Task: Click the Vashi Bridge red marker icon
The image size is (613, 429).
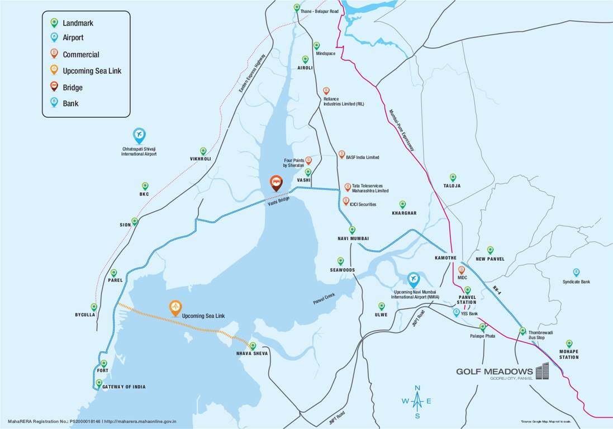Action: coord(275,183)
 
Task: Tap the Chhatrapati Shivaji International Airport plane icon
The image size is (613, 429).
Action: coord(139,135)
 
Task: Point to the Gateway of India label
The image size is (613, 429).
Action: coord(123,387)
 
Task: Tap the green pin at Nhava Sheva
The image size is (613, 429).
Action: coord(253,346)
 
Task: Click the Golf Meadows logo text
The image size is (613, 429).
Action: coord(494,371)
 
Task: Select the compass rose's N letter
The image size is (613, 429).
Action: coord(417,388)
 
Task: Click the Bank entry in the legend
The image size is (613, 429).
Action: coord(70,103)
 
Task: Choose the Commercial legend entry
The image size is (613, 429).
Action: coord(80,55)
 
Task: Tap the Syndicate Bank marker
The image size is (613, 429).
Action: coord(576,273)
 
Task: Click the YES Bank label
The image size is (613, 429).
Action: coord(469,313)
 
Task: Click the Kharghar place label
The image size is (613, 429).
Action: coord(404,213)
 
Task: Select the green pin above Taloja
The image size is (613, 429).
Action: coord(453,177)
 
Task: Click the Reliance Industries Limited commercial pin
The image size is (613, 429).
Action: coord(326,90)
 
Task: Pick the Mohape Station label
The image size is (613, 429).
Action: coord(569,354)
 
